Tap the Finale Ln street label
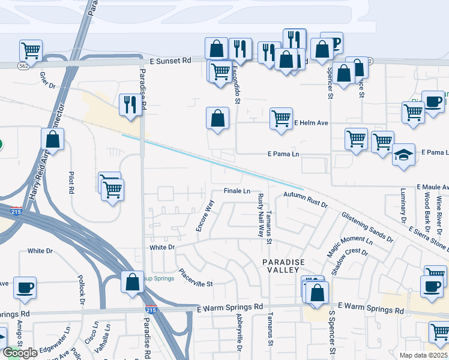pos(237,191)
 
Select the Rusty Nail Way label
pos(261,215)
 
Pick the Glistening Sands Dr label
pos(367,226)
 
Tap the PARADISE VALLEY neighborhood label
pos(283,268)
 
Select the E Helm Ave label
pos(311,123)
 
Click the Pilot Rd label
pos(71,181)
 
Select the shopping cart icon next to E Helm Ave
pos(281,118)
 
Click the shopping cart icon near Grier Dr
pos(30,50)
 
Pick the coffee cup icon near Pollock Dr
pos(25,287)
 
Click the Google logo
pos(20,353)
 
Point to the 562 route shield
pos(24,65)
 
